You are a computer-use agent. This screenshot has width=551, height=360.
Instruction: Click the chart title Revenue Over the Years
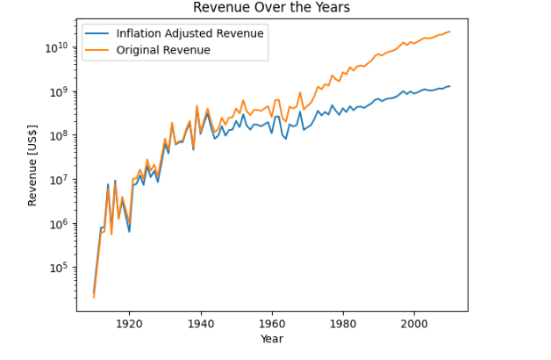[271, 8]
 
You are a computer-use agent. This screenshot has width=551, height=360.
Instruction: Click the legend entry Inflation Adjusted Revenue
[190, 33]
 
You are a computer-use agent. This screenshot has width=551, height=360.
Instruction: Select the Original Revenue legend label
[163, 50]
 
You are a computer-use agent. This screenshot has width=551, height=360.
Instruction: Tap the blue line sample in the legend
[97, 33]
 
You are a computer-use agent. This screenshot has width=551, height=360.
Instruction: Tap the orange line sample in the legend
[97, 50]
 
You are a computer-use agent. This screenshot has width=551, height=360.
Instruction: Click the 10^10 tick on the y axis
[55, 47]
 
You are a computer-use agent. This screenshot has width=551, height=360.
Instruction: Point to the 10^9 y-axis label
[57, 91]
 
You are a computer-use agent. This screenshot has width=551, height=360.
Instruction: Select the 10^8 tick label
[57, 135]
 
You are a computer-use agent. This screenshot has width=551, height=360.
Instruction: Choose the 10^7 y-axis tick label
[57, 180]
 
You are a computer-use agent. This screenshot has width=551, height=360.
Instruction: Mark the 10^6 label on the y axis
[57, 224]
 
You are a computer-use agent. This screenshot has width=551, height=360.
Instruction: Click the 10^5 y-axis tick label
[57, 268]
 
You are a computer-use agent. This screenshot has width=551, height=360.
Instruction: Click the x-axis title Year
[271, 339]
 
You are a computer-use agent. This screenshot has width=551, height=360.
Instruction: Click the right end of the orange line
[450, 32]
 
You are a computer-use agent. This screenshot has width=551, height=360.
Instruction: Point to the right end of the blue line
[450, 86]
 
